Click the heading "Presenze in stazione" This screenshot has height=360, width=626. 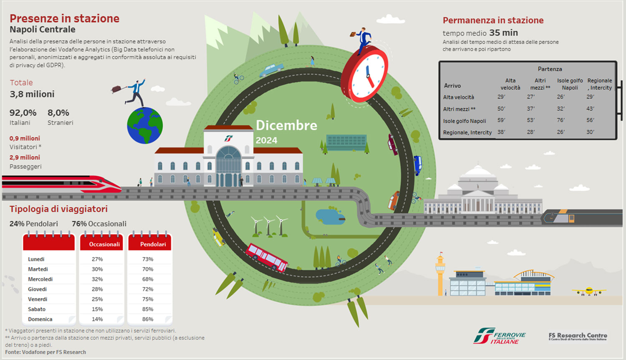(x=64, y=18)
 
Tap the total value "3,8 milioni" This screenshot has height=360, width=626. (x=32, y=94)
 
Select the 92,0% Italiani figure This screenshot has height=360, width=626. (x=23, y=113)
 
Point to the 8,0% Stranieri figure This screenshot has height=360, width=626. (x=58, y=113)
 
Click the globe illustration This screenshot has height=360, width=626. (x=145, y=125)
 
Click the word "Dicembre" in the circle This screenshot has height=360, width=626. (x=286, y=125)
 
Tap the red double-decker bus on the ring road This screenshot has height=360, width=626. (x=267, y=257)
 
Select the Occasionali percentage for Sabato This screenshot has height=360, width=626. (x=97, y=309)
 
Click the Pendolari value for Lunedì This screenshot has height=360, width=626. (x=148, y=259)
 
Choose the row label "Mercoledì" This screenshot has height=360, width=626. (x=40, y=279)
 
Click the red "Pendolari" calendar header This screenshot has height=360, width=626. (x=153, y=244)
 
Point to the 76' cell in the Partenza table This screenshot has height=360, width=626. (x=560, y=120)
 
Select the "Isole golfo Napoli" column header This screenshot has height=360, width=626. (x=570, y=84)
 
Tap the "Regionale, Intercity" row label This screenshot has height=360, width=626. (x=467, y=132)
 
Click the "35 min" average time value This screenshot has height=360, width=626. (x=503, y=33)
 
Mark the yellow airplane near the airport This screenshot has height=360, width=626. (x=588, y=290)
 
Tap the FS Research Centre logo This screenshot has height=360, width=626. (x=578, y=336)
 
